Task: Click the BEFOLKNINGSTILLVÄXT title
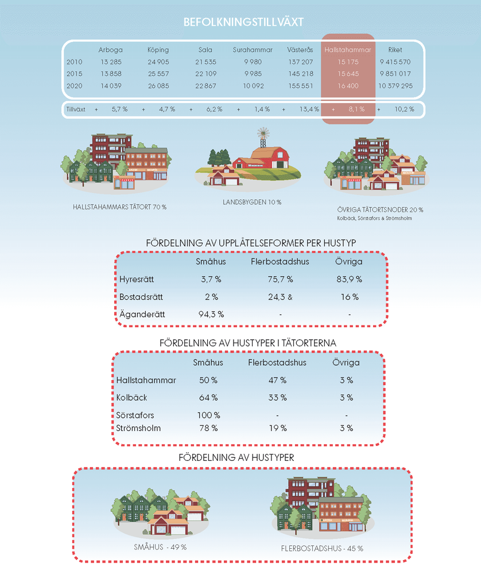pos(243,22)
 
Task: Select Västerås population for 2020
pos(300,86)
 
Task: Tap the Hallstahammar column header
pos(347,50)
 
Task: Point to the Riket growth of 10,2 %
pos(404,109)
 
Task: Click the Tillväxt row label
pos(76,109)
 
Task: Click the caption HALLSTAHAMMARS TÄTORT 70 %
pos(119,207)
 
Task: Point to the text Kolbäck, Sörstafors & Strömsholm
pos(375,218)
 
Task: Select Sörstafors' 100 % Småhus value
pos(208,415)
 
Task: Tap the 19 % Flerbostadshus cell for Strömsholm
pos(277,428)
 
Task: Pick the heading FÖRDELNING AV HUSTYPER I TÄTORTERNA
pos(247,343)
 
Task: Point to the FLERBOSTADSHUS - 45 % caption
pos(322,548)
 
